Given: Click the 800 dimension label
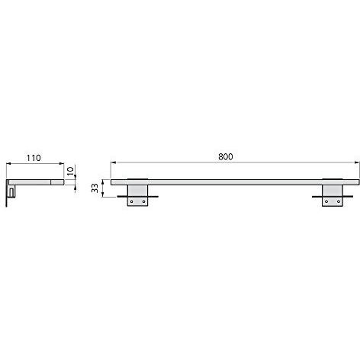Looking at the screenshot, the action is point(226,156).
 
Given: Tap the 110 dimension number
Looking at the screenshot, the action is point(34,158).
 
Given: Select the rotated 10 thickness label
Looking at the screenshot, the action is point(70,170).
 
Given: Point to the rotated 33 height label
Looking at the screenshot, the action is point(95,188).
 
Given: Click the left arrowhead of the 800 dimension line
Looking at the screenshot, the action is point(114,162).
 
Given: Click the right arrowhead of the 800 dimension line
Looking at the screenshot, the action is point(357,162).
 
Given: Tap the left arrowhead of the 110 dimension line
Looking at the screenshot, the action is point(9,163).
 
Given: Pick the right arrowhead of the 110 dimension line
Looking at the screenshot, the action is point(61,163).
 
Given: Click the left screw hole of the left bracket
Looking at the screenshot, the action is point(131,201).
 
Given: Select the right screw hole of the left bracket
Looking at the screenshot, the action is point(143,201).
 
